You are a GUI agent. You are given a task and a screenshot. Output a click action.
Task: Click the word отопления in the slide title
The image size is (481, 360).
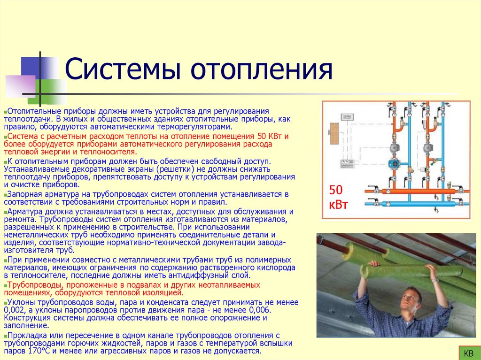pyautogui.click(x=261, y=70)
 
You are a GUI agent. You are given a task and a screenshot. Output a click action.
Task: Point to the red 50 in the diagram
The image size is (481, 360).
pyautogui.click(x=337, y=190)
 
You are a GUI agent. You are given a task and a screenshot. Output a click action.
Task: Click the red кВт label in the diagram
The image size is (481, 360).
pyautogui.click(x=339, y=205)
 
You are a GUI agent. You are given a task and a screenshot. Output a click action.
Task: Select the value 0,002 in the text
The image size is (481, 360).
pyautogui.click(x=14, y=311)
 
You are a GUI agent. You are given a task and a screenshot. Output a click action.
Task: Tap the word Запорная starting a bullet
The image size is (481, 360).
pyautogui.click(x=21, y=194)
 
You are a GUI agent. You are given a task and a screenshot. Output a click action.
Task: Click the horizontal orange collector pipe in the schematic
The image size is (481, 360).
pyautogui.click(x=418, y=191)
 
